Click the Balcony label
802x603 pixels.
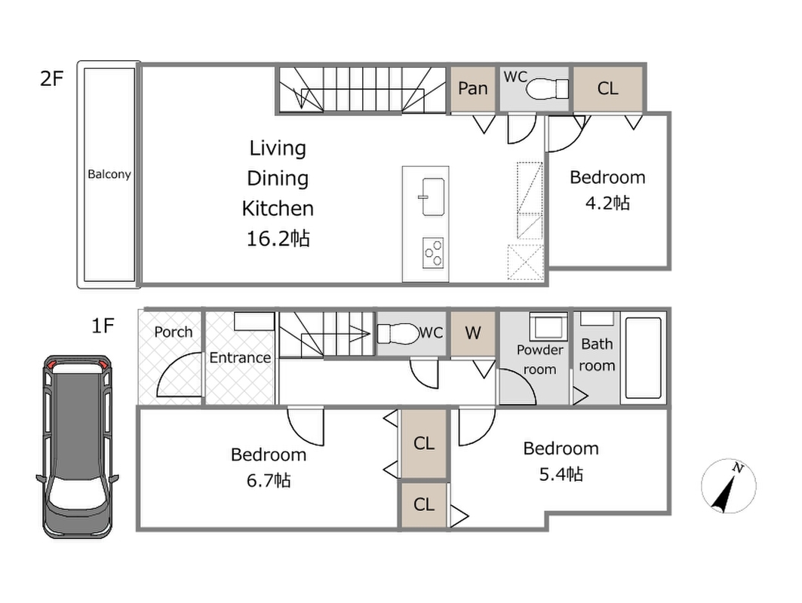tap(109, 174)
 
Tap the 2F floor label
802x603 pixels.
tap(51, 78)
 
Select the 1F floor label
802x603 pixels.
tap(103, 325)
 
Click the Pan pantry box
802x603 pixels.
tap(473, 88)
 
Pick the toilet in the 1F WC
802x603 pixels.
tap(398, 333)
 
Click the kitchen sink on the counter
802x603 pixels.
tap(433, 197)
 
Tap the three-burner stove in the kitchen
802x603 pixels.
tap(433, 253)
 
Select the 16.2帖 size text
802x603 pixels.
tap(278, 239)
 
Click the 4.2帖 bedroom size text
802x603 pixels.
tap(607, 204)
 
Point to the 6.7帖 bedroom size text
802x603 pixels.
tap(269, 480)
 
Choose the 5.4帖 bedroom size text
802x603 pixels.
tap(561, 474)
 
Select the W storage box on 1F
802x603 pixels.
tap(473, 333)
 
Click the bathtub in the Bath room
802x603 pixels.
tap(643, 358)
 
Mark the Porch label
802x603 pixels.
tap(174, 332)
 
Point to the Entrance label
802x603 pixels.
tap(240, 357)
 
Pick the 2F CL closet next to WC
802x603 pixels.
tap(607, 88)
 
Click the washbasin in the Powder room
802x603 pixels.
tap(548, 326)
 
